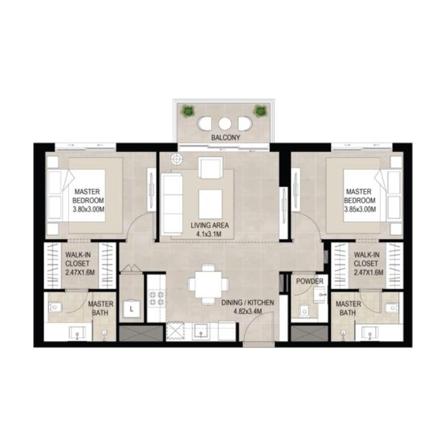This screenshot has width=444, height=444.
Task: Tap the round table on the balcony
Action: tap(224, 123)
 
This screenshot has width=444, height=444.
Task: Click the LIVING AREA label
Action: tap(210, 226)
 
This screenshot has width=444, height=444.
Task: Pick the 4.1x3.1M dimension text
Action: tap(210, 235)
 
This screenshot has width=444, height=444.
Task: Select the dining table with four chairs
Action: tap(206, 284)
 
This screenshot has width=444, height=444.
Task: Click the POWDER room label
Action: tap(309, 281)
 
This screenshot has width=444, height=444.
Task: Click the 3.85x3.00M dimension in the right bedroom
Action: tap(360, 209)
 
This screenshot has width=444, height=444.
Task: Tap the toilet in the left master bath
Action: tap(58, 307)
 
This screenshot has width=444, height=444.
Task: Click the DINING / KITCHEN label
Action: tap(248, 302)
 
